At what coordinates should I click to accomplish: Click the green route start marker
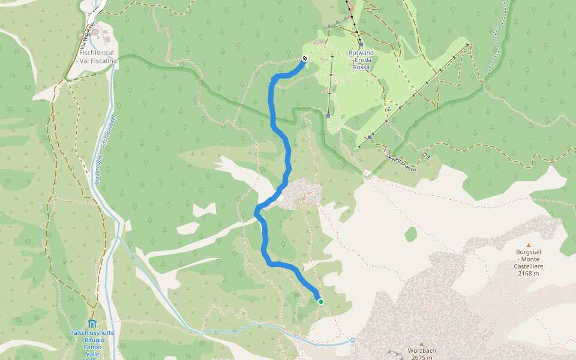[321, 301]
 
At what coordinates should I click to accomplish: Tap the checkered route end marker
[305, 58]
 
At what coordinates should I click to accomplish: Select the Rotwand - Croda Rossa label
[361, 60]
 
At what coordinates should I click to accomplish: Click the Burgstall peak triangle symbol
[529, 245]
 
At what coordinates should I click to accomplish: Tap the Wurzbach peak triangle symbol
[422, 344]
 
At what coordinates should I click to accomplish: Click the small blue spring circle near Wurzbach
[353, 340]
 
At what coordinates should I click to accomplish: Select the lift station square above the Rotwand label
[361, 44]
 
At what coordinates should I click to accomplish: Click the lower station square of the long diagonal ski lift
[370, 137]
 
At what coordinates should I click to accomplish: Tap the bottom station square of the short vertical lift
[328, 115]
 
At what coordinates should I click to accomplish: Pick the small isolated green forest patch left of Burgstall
[410, 233]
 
